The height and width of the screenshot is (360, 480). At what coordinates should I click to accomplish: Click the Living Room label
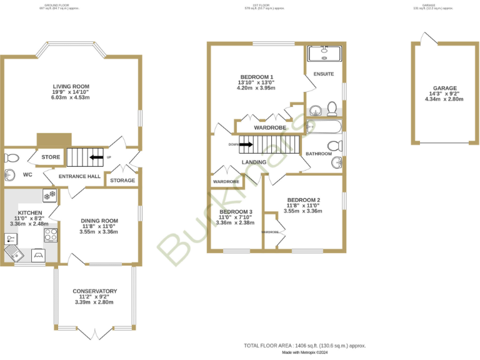(x=71, y=86)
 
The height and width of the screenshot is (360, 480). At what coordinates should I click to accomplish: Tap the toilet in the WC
(x=12, y=157)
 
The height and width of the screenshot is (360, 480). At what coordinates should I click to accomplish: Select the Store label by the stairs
(x=51, y=157)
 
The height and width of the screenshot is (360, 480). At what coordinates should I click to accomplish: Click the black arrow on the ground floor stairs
(x=96, y=157)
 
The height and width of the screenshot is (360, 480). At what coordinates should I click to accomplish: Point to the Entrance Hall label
(x=79, y=177)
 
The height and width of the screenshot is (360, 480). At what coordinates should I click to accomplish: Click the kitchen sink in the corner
(x=13, y=252)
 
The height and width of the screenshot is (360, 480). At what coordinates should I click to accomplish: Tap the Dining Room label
(x=99, y=221)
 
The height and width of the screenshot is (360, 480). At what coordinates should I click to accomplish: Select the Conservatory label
(x=94, y=291)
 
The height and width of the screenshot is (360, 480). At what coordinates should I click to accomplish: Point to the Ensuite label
(x=324, y=74)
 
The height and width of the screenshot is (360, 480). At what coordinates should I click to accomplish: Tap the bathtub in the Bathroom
(x=324, y=127)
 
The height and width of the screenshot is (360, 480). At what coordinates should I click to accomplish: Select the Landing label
(x=254, y=162)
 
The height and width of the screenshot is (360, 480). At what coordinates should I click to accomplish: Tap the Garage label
(x=445, y=88)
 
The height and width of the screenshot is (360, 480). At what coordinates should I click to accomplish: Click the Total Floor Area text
(x=304, y=346)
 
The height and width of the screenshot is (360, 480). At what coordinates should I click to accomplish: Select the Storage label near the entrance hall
(x=122, y=181)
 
